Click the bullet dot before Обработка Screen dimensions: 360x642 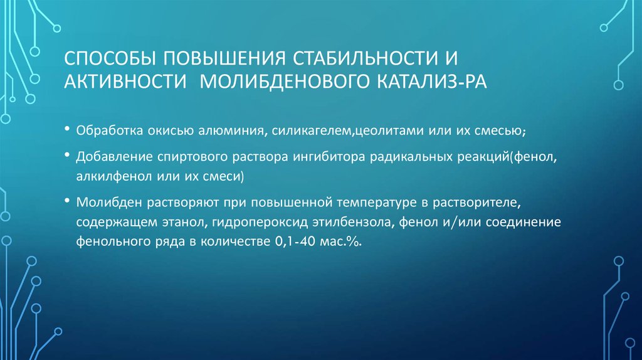click(67, 130)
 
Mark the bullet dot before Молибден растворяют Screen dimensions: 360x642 click(67, 201)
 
